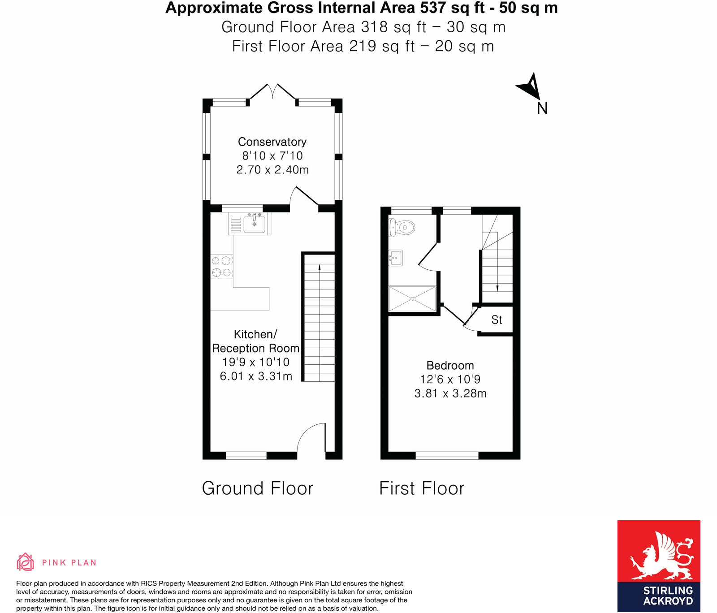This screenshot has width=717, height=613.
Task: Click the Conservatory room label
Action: pyautogui.click(x=272, y=142)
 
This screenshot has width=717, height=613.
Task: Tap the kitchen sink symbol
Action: pyautogui.click(x=254, y=223)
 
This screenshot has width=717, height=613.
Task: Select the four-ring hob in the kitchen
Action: pyautogui.click(x=222, y=266)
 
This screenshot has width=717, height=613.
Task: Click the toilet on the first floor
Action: pyautogui.click(x=402, y=228)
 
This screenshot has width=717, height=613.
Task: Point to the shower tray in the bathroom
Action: pyautogui.click(x=412, y=298)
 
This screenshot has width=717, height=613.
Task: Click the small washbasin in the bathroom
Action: pyautogui.click(x=396, y=258)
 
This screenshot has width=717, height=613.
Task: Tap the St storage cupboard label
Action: pyautogui.click(x=497, y=320)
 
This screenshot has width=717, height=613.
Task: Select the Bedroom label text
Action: pyautogui.click(x=450, y=365)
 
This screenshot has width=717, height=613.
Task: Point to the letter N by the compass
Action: pyautogui.click(x=542, y=108)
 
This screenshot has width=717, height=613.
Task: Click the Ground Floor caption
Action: pyautogui.click(x=258, y=488)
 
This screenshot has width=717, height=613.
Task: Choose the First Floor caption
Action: pyautogui.click(x=422, y=488)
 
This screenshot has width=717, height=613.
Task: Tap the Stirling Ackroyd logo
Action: pyautogui.click(x=658, y=566)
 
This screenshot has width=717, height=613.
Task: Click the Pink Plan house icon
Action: pyautogui.click(x=26, y=562)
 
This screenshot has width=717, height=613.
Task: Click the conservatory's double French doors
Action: pyautogui.click(x=272, y=91)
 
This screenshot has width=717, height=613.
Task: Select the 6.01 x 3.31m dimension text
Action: pyautogui.click(x=256, y=376)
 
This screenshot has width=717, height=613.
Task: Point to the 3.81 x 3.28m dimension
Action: pyautogui.click(x=450, y=393)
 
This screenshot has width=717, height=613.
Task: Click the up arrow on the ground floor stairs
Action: pyautogui.click(x=320, y=268)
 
